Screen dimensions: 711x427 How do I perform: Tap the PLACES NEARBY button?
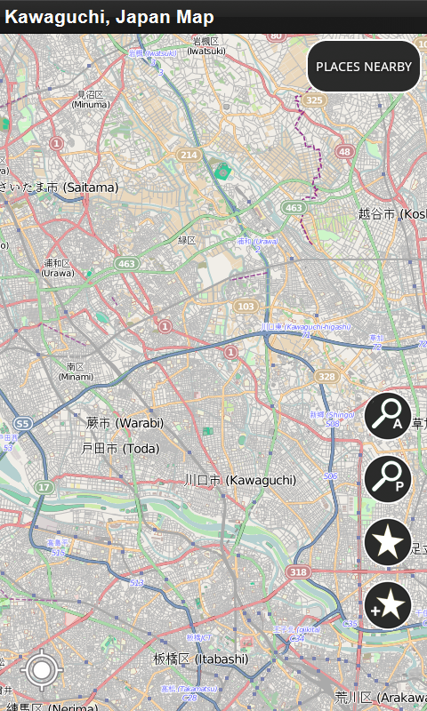click(x=363, y=67)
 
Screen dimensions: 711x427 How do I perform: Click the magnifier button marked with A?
click(x=388, y=416)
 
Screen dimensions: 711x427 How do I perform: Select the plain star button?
click(x=388, y=542)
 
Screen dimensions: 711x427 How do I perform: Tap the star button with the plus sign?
click(x=388, y=605)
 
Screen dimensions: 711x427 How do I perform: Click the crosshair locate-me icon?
click(x=40, y=670)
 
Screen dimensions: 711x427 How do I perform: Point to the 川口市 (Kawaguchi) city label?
click(x=240, y=480)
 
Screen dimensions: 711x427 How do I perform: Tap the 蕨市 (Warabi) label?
click(x=125, y=422)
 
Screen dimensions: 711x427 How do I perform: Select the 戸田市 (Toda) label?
click(x=121, y=449)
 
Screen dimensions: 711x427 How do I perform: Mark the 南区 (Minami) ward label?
click(x=76, y=371)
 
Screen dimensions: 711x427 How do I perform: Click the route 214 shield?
click(x=189, y=155)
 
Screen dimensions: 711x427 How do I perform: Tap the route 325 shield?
click(x=313, y=100)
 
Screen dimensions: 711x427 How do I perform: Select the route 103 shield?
click(x=246, y=307)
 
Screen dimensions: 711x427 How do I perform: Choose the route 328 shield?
click(x=326, y=377)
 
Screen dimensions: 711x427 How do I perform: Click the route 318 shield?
click(x=298, y=571)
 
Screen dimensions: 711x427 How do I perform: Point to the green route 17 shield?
click(x=44, y=487)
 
